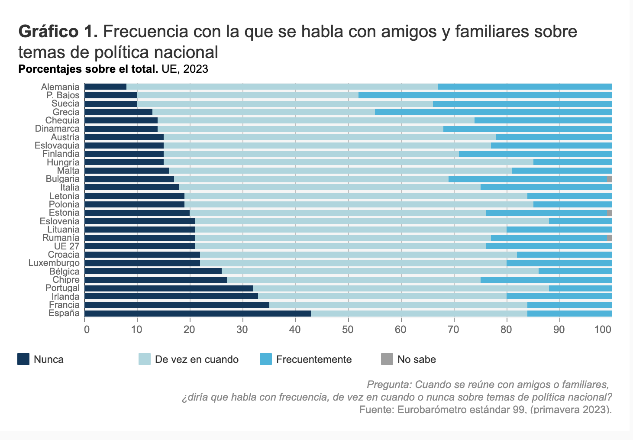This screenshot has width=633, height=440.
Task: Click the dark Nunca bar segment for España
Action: coord(198,314)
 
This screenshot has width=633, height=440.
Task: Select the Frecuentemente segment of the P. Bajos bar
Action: coord(485,95)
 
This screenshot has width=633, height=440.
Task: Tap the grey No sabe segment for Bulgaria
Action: coord(609,179)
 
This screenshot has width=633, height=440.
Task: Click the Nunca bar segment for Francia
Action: coord(177,305)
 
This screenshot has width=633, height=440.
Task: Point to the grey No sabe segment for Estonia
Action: coord(609,213)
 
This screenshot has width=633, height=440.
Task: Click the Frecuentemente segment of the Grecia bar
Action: coord(493,112)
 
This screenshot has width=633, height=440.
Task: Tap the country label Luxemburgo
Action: coord(54,263)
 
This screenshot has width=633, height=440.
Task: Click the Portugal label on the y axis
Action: coord(62,288)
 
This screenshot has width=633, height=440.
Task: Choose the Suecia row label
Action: coord(65,104)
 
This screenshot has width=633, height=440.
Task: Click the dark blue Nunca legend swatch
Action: coord(23,359)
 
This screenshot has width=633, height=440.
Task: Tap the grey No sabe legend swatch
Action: coord(387,359)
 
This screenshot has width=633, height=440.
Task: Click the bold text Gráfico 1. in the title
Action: coord(58,32)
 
